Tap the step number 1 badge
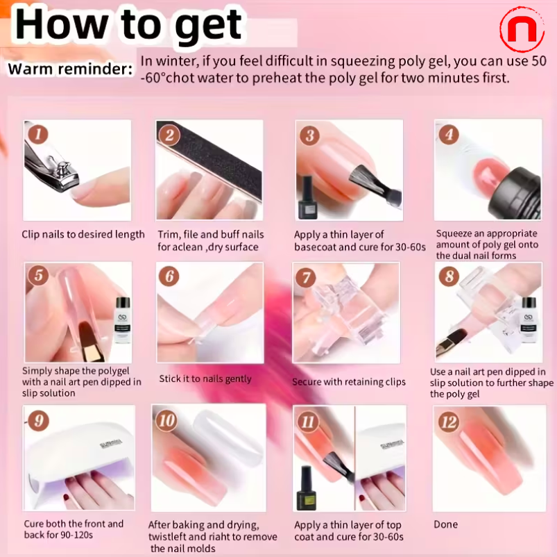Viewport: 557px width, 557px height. pos(38,134)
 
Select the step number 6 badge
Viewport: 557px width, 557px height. pos(169,276)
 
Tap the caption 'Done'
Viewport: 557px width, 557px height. pos(445,524)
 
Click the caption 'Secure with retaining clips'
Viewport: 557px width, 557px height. pos(349,382)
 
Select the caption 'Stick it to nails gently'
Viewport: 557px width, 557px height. pos(205,379)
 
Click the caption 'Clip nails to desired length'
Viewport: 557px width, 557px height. pos(83,235)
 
